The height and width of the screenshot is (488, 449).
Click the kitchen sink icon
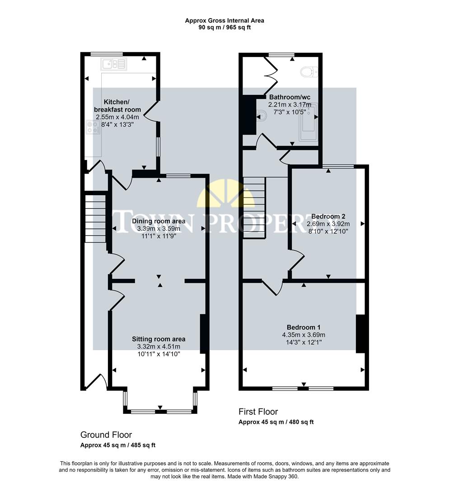[x=115, y=64]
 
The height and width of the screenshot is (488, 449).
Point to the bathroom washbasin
[x=262, y=116]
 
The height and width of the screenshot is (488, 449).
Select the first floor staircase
[x=254, y=207]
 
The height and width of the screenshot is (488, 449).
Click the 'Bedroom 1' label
[x=304, y=327]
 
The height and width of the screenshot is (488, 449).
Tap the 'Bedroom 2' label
[x=328, y=216]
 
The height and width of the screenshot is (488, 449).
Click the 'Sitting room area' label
[x=159, y=339]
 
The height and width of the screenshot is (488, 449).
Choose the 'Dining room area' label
[x=159, y=221]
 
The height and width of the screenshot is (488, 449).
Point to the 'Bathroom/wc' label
[x=290, y=97]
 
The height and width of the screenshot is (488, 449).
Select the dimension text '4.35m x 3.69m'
[x=304, y=335]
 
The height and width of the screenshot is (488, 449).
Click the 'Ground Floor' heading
[x=106, y=435]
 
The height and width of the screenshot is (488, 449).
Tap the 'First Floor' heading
[x=258, y=412]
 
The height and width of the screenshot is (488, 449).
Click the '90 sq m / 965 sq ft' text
[x=224, y=27]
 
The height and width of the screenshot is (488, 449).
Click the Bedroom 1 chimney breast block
[x=360, y=333]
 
